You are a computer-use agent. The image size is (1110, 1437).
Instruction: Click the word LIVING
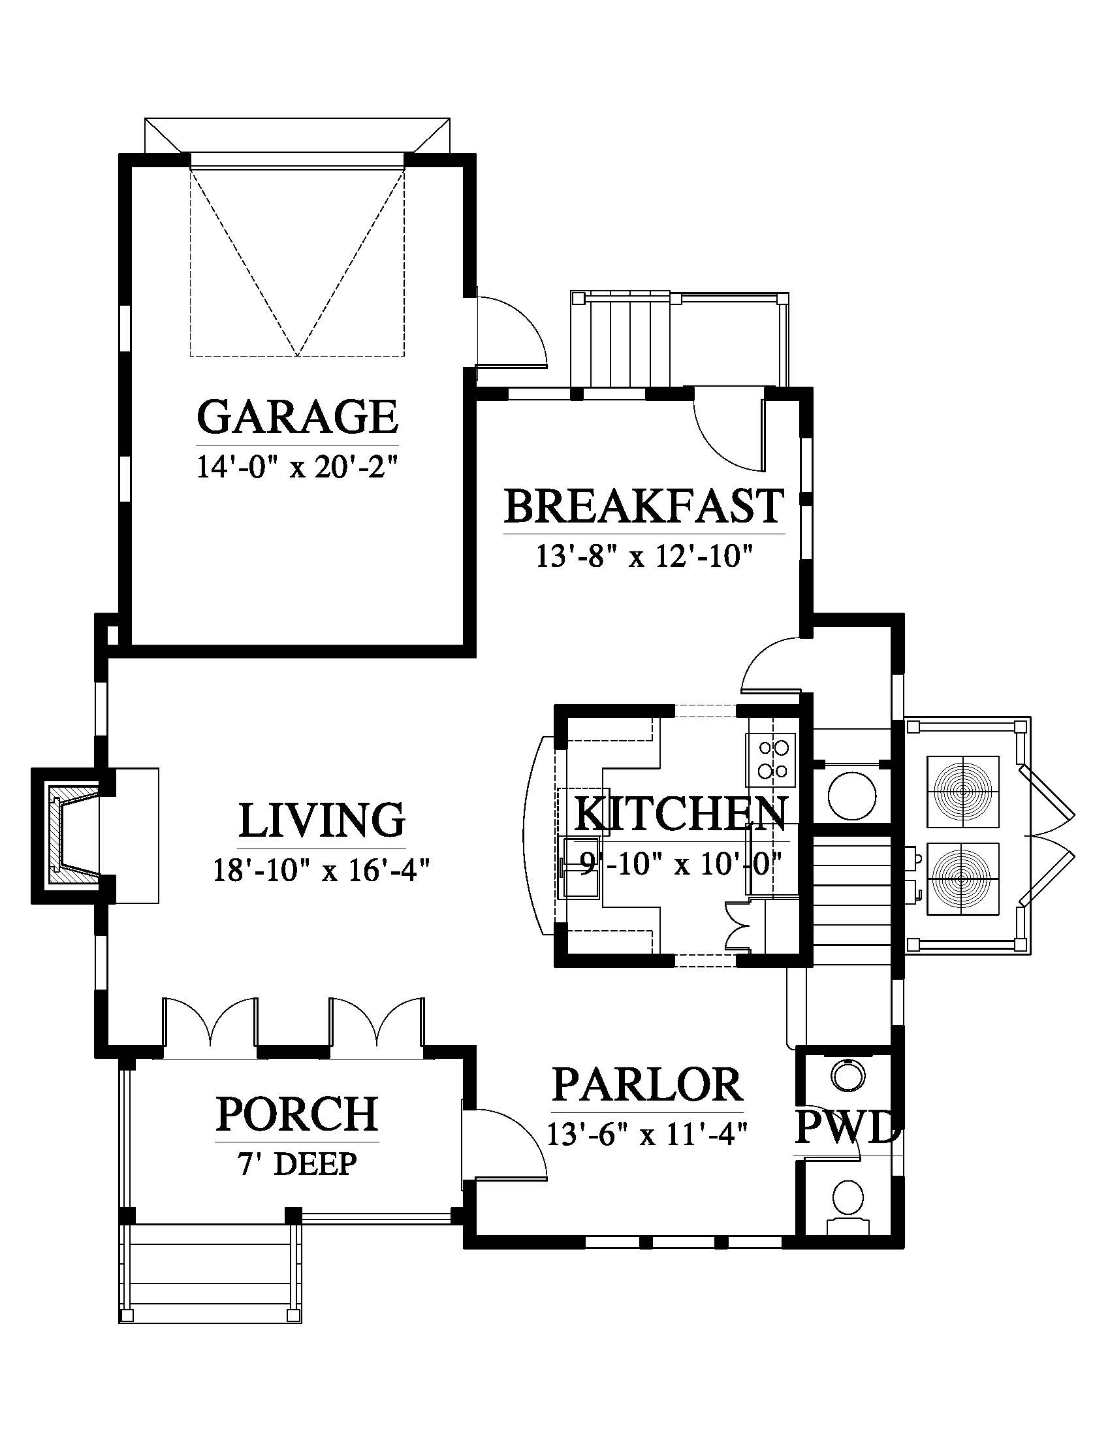pyautogui.click(x=321, y=820)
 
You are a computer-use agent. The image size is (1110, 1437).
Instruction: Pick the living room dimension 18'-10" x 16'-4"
pyautogui.click(x=321, y=871)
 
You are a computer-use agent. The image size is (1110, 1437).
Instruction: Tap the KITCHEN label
pyautogui.click(x=680, y=813)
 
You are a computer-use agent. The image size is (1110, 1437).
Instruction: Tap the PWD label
pyautogui.click(x=846, y=1127)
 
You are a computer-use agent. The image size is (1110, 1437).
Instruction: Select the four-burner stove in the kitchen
pyautogui.click(x=770, y=759)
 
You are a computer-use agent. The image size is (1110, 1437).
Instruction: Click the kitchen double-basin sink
pyautogui.click(x=579, y=867)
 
